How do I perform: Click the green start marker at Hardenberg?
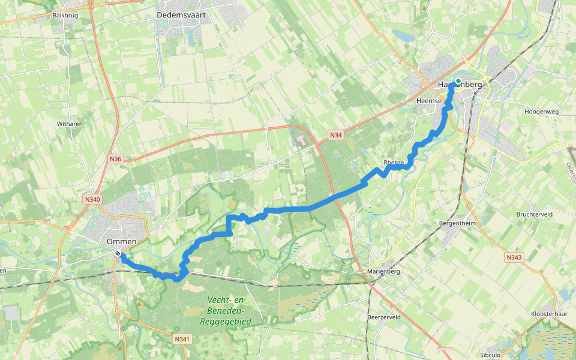[458, 81]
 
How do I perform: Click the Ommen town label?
[122, 242]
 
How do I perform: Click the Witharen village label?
[70, 124]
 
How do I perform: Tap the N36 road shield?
[116, 159]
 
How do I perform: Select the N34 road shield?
[336, 136]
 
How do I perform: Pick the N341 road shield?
[182, 340]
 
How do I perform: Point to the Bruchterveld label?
[534, 214]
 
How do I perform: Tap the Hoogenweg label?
[541, 112]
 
